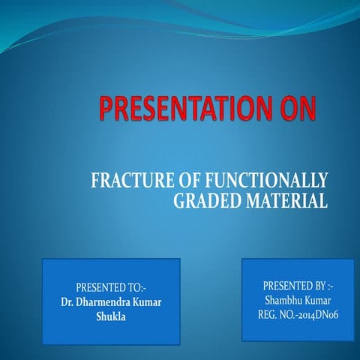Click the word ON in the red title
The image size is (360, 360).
point(297,110)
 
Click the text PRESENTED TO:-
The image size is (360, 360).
point(110,287)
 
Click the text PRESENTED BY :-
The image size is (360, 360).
point(297,286)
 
